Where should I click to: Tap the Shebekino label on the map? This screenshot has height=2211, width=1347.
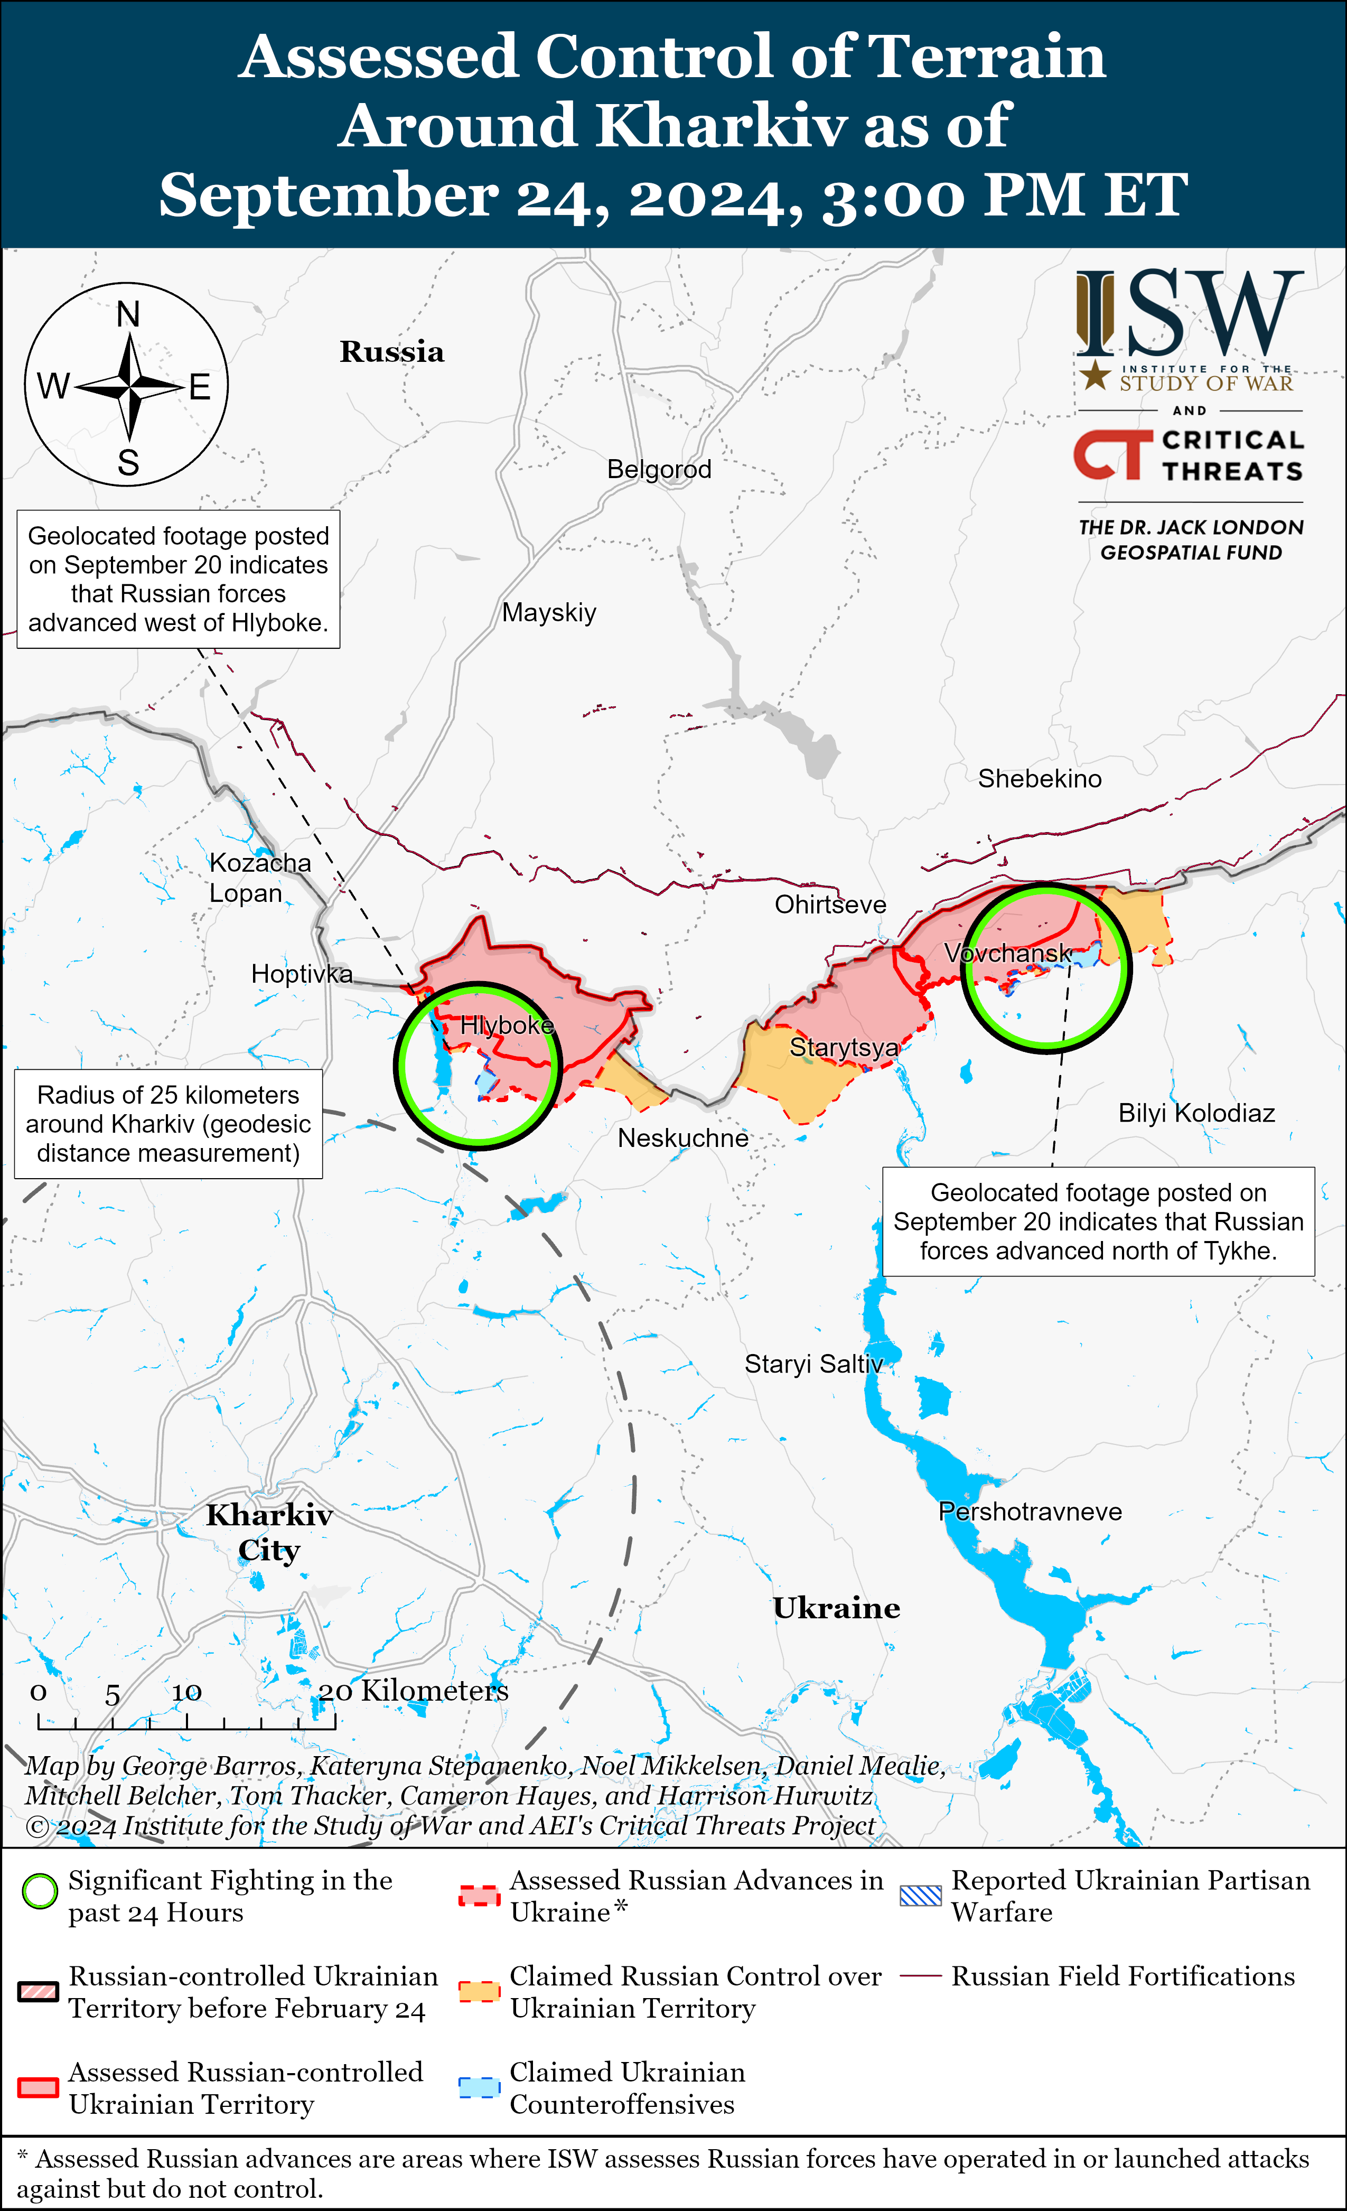click(x=1039, y=778)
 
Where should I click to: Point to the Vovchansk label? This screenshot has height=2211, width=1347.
click(x=1007, y=953)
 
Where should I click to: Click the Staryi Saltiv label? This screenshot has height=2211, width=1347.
click(x=813, y=1364)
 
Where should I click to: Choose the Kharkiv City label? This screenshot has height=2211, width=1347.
click(x=269, y=1533)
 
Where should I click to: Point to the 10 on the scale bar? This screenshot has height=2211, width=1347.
click(x=186, y=1692)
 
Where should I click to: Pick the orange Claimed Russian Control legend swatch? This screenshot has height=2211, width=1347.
click(x=478, y=1991)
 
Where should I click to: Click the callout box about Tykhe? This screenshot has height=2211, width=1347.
click(x=1098, y=1221)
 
